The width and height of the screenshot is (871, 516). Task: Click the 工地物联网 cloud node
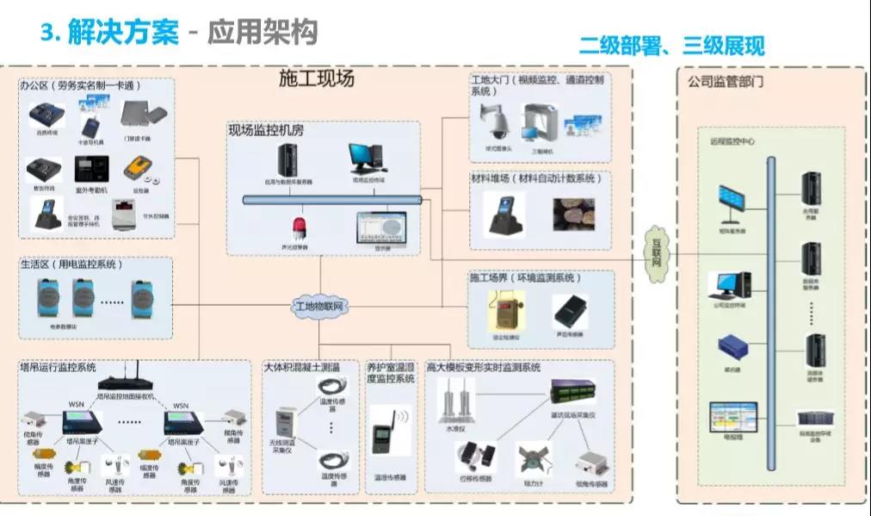[x=319, y=306]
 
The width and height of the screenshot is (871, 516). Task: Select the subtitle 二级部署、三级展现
[x=671, y=46]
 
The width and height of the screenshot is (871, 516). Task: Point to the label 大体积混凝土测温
[x=301, y=367]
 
